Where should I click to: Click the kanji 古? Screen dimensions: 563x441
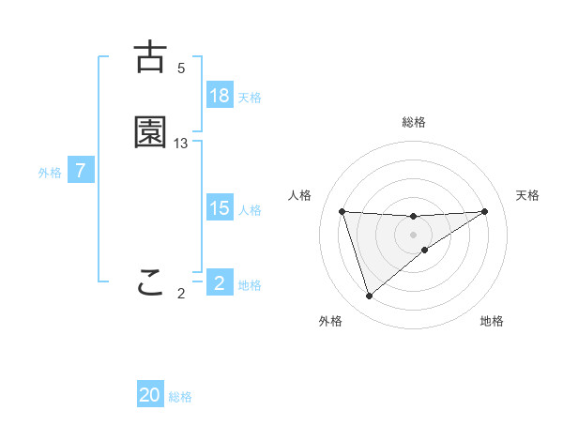click(150, 57)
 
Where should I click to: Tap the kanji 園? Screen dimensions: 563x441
click(150, 132)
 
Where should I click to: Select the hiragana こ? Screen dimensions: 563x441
click(150, 282)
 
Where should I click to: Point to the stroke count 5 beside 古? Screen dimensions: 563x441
click(181, 68)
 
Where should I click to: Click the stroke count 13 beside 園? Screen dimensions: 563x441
click(181, 143)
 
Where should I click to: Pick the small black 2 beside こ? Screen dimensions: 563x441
click(181, 293)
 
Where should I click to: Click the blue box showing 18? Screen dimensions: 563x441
click(220, 96)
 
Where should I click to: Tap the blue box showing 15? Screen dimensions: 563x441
click(220, 208)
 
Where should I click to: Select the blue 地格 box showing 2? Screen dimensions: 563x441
click(220, 283)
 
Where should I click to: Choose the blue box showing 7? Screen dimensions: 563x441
click(82, 171)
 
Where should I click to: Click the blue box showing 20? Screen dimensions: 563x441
click(150, 395)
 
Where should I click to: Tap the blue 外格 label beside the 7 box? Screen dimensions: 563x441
click(50, 173)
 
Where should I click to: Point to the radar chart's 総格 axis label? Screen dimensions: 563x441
click(414, 122)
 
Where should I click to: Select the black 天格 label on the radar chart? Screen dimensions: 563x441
click(528, 195)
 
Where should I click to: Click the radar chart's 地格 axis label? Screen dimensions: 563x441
click(492, 321)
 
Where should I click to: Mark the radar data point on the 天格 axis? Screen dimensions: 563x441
click(485, 211)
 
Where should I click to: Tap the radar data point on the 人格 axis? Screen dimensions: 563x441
click(342, 211)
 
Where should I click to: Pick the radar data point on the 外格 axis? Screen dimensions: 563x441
click(369, 297)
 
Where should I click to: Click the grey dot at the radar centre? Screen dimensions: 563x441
click(414, 234)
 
